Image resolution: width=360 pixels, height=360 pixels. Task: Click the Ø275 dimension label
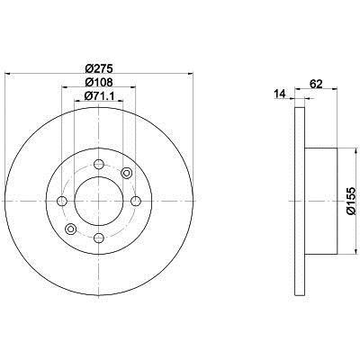pyautogui.click(x=99, y=68)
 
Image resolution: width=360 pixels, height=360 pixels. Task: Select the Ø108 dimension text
pyautogui.click(x=99, y=82)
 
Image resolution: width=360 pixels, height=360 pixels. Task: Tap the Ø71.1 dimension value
pyautogui.click(x=99, y=96)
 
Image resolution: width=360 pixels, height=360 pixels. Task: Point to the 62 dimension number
pyautogui.click(x=315, y=84)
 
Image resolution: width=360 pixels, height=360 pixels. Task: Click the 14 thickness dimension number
pyautogui.click(x=279, y=94)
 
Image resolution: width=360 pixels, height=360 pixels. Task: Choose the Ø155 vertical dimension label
pyautogui.click(x=351, y=201)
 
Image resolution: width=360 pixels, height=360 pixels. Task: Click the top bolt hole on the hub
pyautogui.click(x=99, y=164)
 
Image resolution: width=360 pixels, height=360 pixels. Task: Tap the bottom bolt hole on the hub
pyautogui.click(x=99, y=238)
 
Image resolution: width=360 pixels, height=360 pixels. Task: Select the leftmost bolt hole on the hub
pyautogui.click(x=62, y=201)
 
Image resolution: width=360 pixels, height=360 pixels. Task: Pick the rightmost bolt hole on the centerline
pyautogui.click(x=136, y=201)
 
